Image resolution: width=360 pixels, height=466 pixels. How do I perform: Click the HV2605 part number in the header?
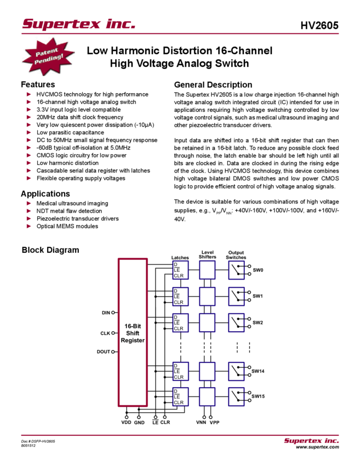(x=319, y=26)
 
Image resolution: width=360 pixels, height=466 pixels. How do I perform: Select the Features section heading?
(x=38, y=84)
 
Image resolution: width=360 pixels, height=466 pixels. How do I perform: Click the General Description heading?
(x=213, y=84)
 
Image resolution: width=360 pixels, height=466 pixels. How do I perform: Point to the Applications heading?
(x=45, y=194)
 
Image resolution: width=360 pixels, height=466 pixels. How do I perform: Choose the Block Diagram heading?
(x=50, y=250)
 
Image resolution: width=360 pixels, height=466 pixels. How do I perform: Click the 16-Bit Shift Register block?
(x=133, y=333)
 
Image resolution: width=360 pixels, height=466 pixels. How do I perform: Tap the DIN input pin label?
(x=106, y=313)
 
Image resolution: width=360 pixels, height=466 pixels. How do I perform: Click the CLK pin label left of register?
(x=105, y=333)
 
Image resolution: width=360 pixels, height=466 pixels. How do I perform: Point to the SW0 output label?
(x=258, y=270)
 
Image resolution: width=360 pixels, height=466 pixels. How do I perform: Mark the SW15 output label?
(x=258, y=396)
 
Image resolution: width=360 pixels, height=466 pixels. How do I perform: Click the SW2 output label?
(x=258, y=322)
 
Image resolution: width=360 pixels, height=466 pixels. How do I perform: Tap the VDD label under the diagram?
(x=126, y=423)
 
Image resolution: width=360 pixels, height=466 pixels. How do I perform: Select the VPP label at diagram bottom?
(x=214, y=423)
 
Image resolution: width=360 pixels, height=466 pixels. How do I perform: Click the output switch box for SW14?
(x=236, y=371)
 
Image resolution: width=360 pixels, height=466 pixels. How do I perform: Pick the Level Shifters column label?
(x=208, y=254)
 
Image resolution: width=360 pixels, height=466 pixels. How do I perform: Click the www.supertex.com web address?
(x=317, y=447)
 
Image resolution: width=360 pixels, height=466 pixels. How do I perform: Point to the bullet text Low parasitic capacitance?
(x=70, y=132)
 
